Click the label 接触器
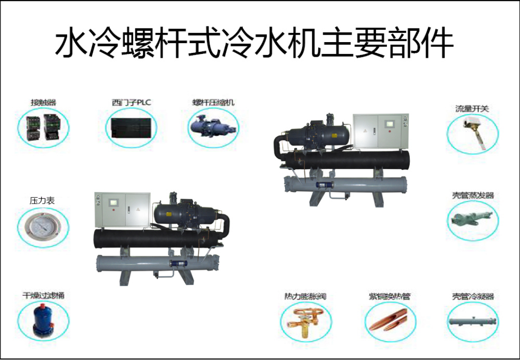(x=43, y=103)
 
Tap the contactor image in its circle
(x=43, y=126)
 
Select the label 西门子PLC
(x=130, y=103)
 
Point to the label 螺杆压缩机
(x=214, y=103)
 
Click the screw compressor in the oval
(x=213, y=127)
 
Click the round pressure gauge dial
(x=43, y=226)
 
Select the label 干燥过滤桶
(x=43, y=295)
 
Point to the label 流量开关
(x=473, y=109)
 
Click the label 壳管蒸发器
(x=473, y=195)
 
